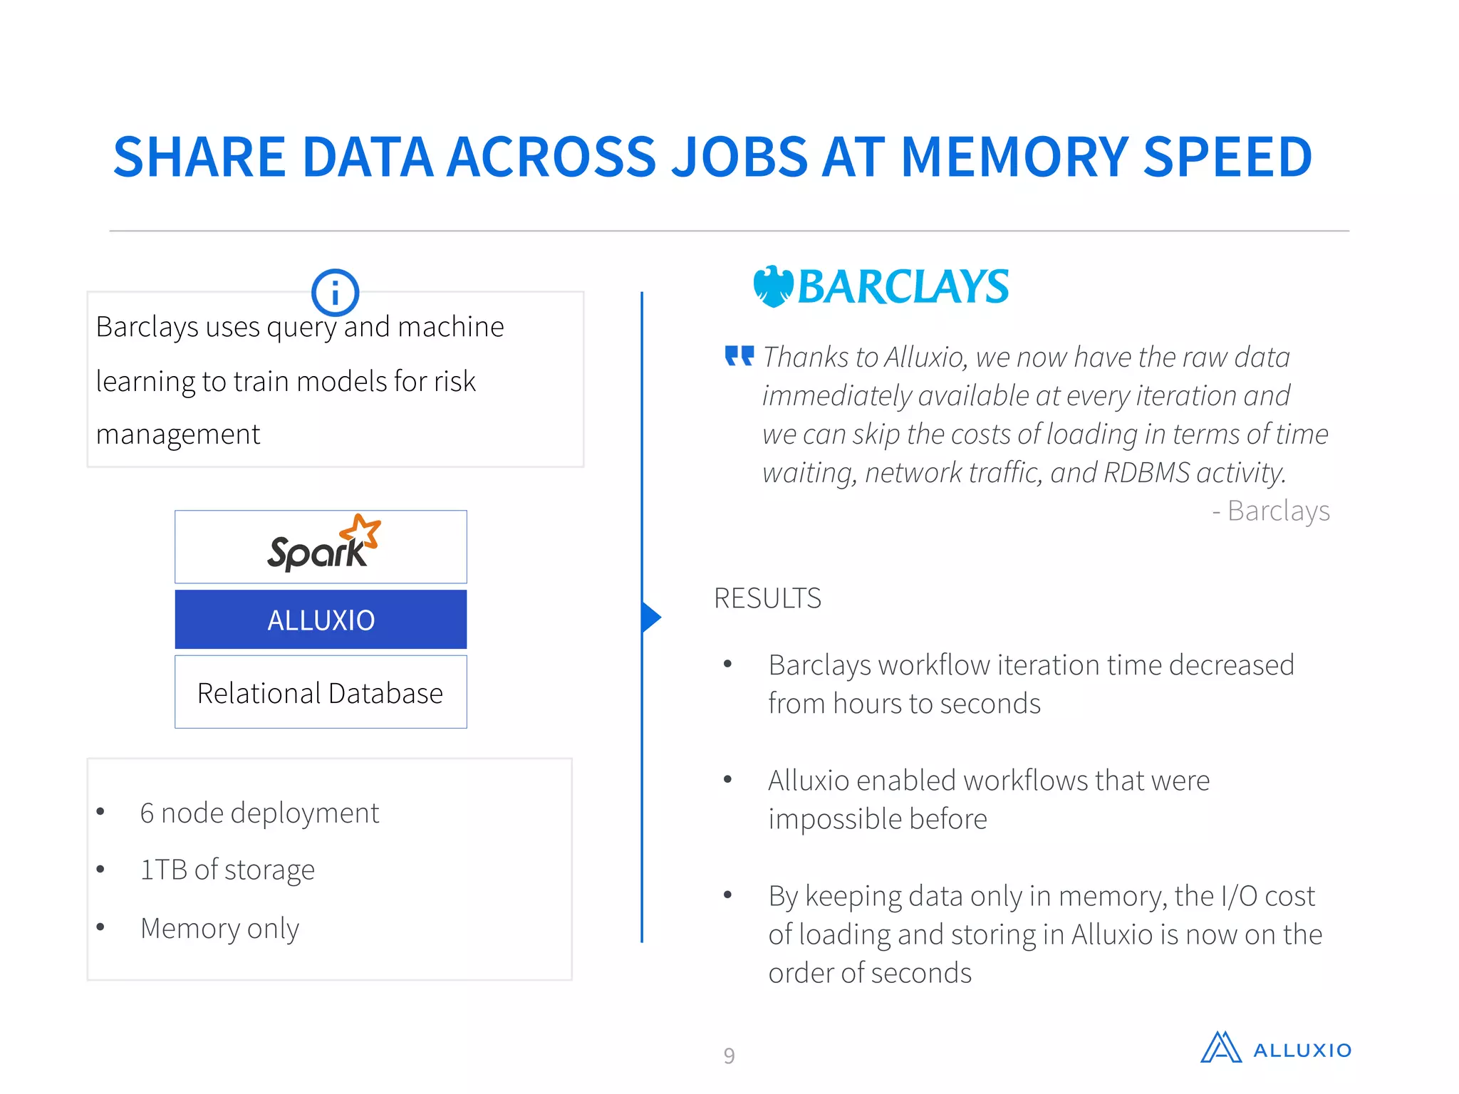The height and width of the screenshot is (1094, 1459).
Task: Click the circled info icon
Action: click(x=335, y=293)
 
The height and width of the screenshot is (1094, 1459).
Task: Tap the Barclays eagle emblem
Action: click(x=773, y=286)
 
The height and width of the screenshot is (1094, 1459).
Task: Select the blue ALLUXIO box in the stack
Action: click(x=321, y=620)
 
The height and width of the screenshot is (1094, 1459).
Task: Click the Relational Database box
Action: click(x=321, y=692)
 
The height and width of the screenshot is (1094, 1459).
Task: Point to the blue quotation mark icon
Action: click(x=739, y=355)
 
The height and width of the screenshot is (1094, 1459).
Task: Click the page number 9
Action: click(x=729, y=1055)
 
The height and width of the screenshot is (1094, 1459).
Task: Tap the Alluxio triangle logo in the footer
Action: click(x=1220, y=1048)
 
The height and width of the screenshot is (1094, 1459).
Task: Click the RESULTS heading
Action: click(x=767, y=598)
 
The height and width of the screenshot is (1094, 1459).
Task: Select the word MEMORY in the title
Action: click(x=1014, y=157)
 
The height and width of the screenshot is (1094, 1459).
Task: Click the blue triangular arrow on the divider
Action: click(x=651, y=618)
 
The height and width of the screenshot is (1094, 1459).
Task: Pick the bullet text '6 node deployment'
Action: click(x=259, y=813)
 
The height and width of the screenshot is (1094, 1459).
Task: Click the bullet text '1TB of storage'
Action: click(x=227, y=870)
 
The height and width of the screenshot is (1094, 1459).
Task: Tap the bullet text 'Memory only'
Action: click(x=219, y=928)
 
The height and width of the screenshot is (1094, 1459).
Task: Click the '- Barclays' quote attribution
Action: click(x=1271, y=511)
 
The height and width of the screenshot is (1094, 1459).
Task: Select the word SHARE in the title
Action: click(x=199, y=157)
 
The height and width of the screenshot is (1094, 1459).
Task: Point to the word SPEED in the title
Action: click(x=1227, y=157)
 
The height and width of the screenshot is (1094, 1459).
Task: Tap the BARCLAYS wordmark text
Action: click(x=903, y=286)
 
